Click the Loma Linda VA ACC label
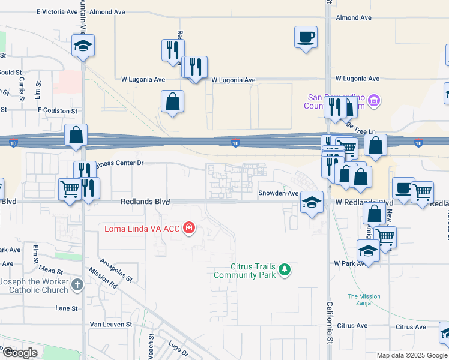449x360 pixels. click(142, 227)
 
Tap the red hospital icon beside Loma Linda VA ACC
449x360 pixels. click(189, 227)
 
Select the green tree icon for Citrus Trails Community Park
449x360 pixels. click(285, 270)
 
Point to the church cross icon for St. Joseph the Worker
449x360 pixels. click(76, 285)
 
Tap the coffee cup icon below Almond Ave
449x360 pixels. click(306, 37)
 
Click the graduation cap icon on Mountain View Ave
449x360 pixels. click(83, 46)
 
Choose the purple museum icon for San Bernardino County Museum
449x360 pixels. click(374, 99)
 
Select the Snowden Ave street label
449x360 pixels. click(278, 193)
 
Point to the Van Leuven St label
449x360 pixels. click(110, 324)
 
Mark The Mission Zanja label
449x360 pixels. click(363, 300)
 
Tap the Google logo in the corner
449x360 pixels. click(20, 353)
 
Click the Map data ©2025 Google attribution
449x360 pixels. click(411, 355)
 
